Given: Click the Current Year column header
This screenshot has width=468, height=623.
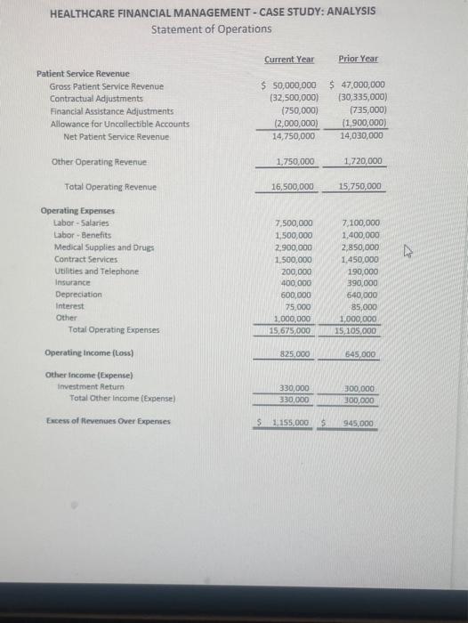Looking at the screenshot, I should (x=288, y=59).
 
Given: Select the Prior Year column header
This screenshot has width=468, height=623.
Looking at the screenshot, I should (x=358, y=59).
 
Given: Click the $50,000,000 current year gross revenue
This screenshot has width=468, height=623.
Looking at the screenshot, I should (x=290, y=85).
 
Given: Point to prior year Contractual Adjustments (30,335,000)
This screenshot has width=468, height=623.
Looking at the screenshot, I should (x=361, y=98).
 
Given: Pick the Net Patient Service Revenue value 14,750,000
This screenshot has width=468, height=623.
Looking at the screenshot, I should (x=293, y=136).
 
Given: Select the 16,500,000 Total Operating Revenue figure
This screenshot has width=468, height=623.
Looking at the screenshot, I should (x=293, y=187).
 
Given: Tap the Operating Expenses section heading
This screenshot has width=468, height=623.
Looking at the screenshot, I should (x=77, y=211).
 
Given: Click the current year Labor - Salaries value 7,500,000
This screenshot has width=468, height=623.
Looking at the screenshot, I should (x=295, y=222).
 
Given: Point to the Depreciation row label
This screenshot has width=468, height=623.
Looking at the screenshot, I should (x=78, y=294).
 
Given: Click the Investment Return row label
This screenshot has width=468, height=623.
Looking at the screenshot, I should (x=91, y=387).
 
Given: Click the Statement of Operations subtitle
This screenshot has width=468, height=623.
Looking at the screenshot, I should (x=212, y=29).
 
